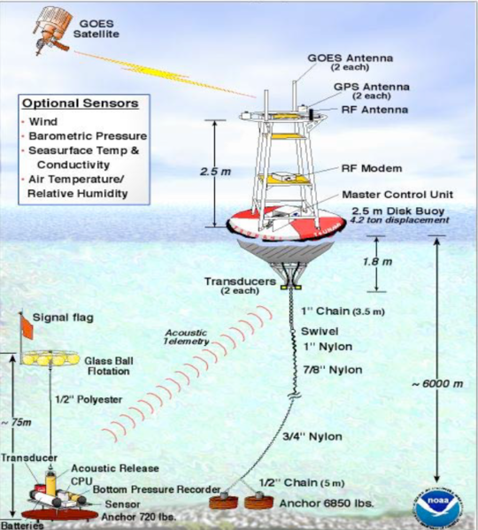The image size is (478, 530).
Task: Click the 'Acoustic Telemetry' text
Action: tap(186, 335)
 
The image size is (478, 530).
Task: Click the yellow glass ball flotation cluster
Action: tap(47, 358)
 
